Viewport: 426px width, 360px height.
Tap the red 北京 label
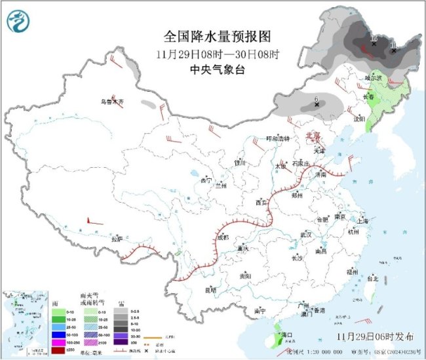[314, 136]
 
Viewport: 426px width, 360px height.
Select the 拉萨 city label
[117, 239]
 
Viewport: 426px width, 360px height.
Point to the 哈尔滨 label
[373, 77]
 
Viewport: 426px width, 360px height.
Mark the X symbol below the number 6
[317, 104]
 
